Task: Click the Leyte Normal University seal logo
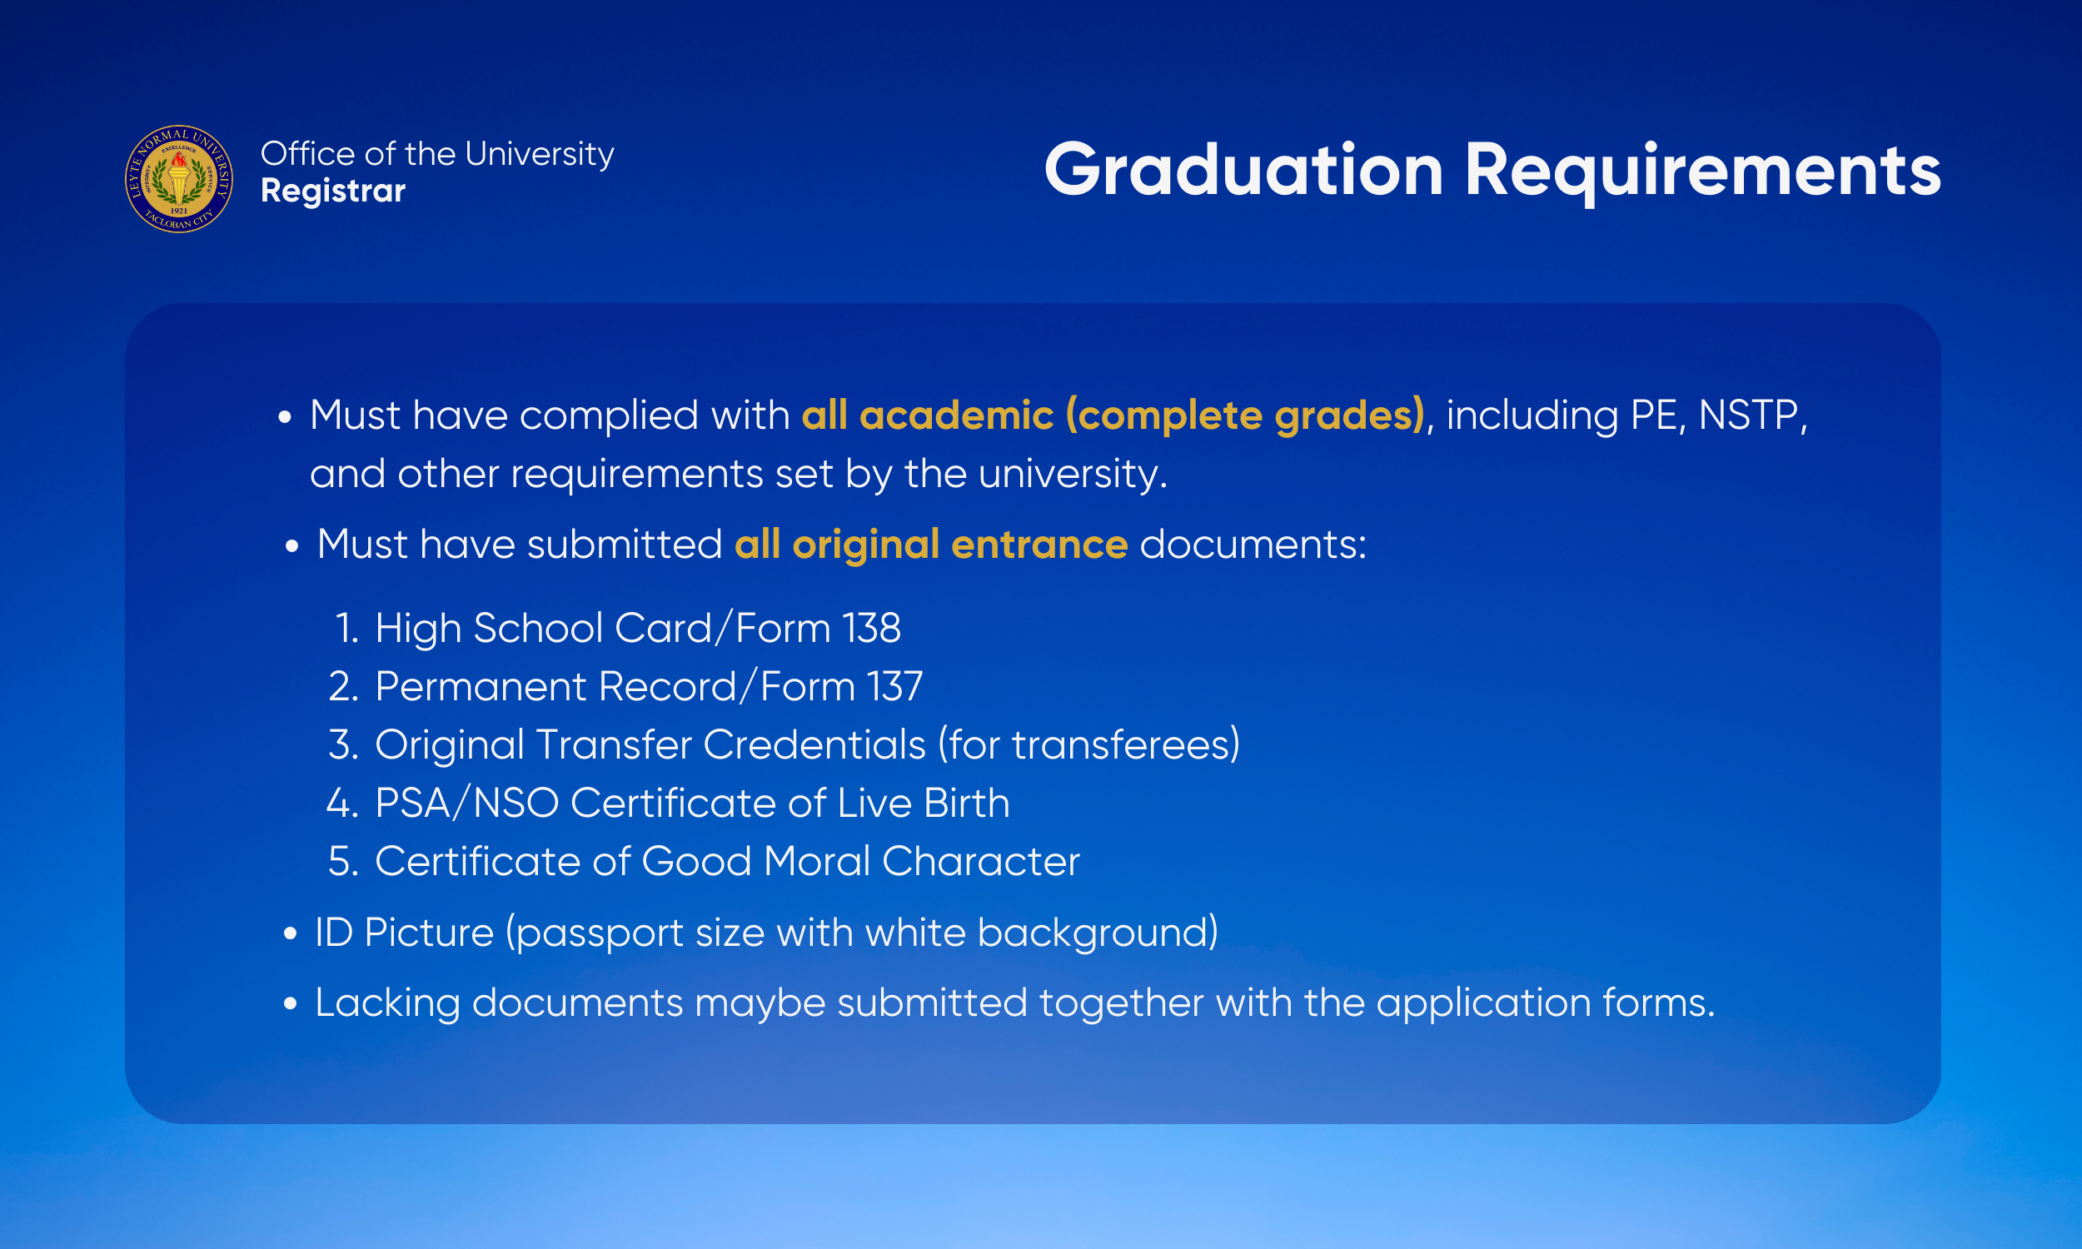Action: (x=179, y=179)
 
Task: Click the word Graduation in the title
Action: (x=1244, y=170)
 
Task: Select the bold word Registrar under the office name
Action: (x=333, y=192)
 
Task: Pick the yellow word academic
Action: (x=956, y=415)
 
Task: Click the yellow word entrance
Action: (x=1039, y=545)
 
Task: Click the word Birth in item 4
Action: (x=966, y=803)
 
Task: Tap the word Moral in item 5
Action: (x=817, y=861)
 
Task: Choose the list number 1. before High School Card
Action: (x=346, y=628)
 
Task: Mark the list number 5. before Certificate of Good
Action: (x=343, y=861)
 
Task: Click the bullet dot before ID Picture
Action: (x=291, y=933)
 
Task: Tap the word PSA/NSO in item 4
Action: (x=467, y=803)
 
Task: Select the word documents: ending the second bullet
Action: (x=1253, y=545)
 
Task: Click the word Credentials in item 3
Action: (x=814, y=745)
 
